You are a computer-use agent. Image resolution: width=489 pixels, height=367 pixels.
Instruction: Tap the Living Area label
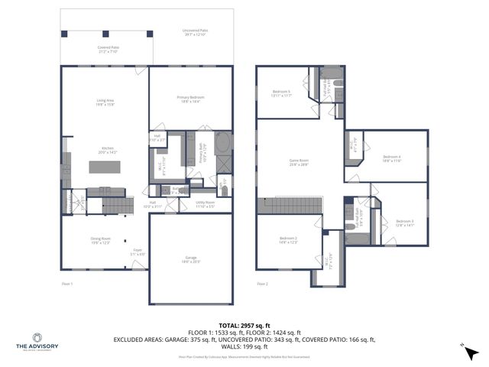click(105, 102)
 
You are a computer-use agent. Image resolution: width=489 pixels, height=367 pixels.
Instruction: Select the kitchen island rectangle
click(105, 167)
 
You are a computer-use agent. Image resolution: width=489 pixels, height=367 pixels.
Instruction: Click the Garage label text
click(190, 259)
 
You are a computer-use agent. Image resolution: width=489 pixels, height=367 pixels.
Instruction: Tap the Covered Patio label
click(108, 48)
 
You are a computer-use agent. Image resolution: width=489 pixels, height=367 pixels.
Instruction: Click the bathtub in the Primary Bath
click(223, 144)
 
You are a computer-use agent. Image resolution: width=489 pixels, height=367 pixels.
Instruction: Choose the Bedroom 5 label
click(283, 94)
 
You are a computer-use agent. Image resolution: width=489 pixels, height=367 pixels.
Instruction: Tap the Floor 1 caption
click(66, 284)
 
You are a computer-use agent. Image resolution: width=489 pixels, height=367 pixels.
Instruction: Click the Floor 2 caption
click(262, 284)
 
